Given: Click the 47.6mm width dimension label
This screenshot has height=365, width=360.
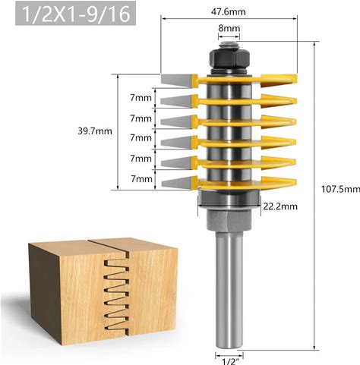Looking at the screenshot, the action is tap(229, 12).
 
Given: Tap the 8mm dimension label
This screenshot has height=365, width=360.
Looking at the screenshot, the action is tap(229, 28).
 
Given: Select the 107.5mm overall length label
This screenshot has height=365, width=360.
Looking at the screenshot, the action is tap(340, 189).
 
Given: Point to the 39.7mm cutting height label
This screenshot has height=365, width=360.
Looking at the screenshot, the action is tap(95, 131).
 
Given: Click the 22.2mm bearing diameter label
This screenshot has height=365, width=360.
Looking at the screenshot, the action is tap(280, 206).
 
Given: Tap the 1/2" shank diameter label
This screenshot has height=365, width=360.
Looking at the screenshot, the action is tap(229, 361).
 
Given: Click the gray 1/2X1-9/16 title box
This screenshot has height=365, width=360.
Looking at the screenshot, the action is tap(76, 14).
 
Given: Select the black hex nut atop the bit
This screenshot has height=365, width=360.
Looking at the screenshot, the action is tap(229, 59).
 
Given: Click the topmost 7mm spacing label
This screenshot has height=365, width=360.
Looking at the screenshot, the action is tap(141, 98).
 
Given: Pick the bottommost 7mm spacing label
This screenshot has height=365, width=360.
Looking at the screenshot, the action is tap(141, 179).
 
